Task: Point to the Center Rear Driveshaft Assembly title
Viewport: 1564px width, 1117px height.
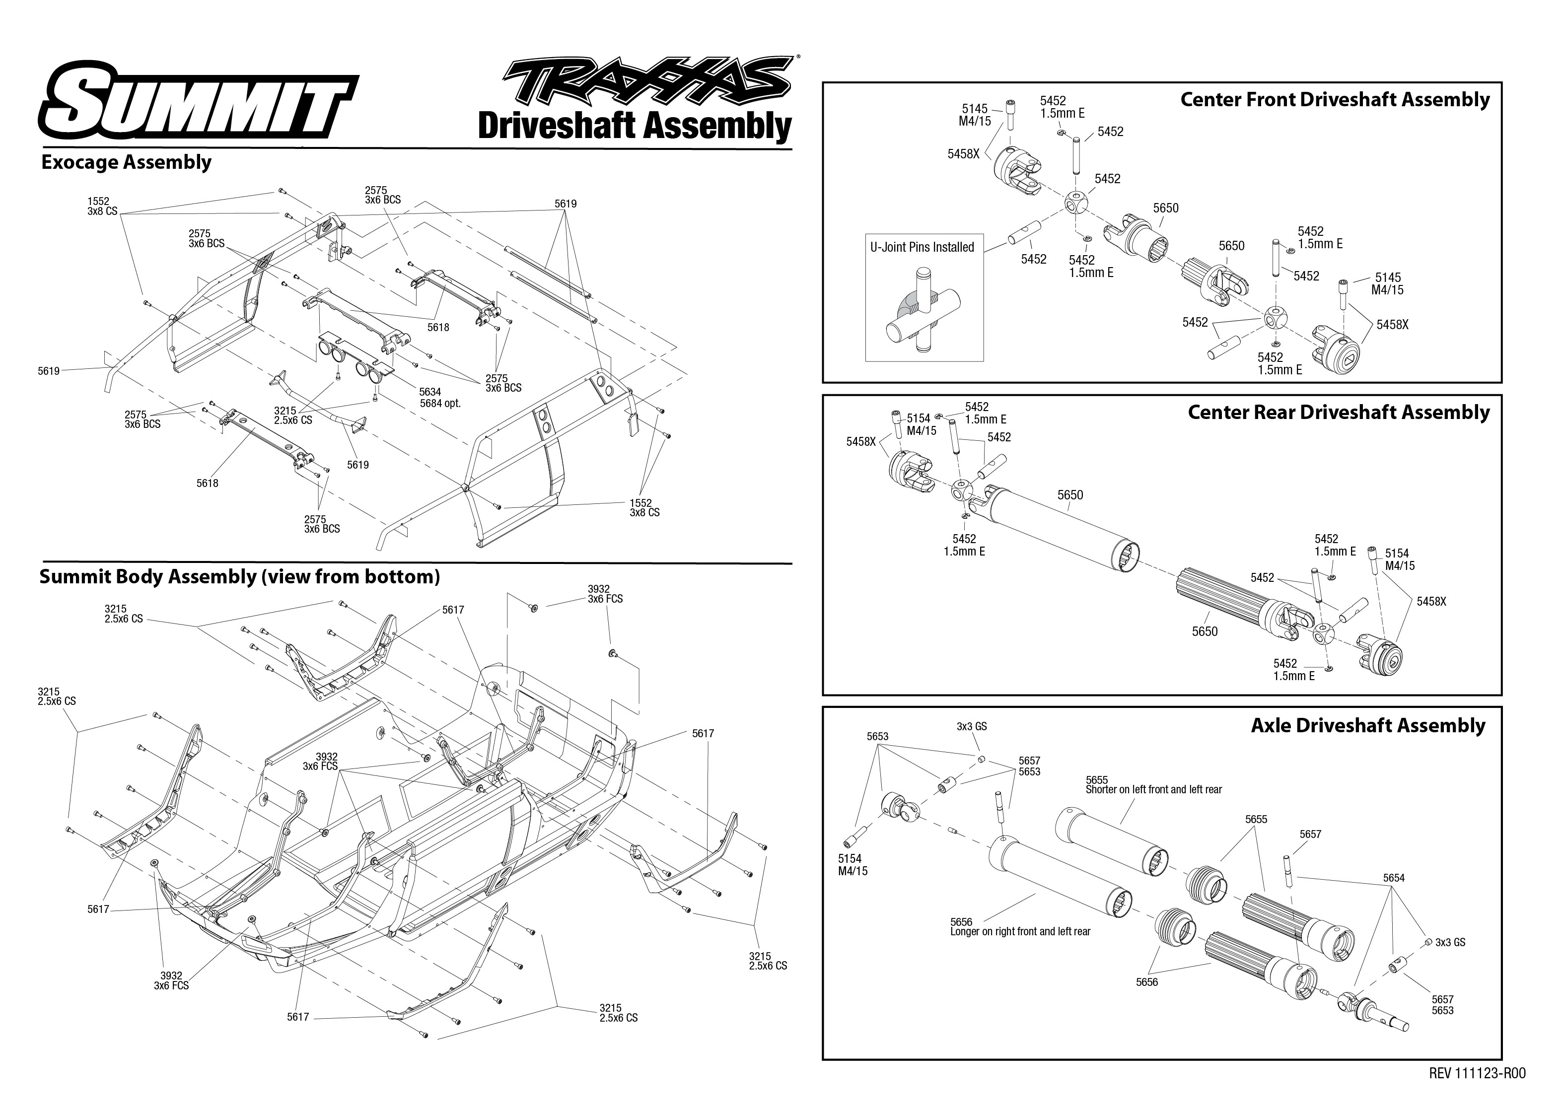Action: point(1339,413)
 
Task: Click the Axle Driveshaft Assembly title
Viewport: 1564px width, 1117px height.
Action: point(1368,726)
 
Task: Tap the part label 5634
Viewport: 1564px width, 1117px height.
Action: point(430,392)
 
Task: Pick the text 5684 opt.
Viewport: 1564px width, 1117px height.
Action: point(440,404)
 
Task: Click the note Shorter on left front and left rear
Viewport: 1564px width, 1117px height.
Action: point(1153,790)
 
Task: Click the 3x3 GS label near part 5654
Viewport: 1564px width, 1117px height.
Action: point(1450,942)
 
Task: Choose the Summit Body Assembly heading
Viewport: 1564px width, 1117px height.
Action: point(239,576)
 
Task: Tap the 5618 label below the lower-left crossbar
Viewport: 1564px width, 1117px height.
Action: point(207,484)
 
